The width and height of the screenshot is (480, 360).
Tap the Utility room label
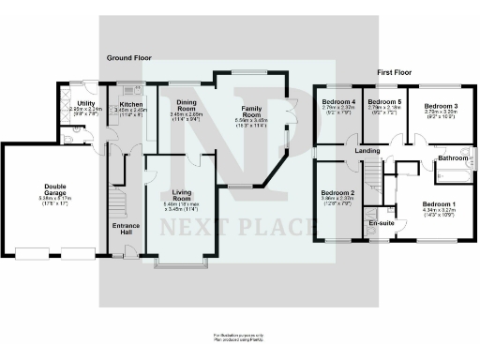tap(86, 104)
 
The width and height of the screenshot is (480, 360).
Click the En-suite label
tap(380, 224)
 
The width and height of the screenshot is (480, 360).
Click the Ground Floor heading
tap(129, 58)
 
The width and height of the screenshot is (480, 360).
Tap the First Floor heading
tap(397, 72)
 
